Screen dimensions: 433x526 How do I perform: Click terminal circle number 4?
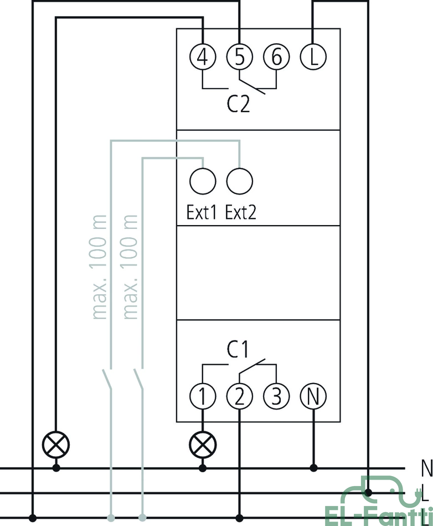(203, 57)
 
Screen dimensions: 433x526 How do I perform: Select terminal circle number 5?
(240, 57)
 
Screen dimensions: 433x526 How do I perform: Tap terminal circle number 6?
(276, 57)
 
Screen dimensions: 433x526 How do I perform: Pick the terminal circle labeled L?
(313, 57)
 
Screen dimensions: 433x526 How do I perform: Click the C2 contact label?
(238, 104)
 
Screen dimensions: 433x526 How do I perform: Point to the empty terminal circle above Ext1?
(203, 181)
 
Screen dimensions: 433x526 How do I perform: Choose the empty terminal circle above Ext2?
(240, 181)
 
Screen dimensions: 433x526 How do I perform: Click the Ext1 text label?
(202, 212)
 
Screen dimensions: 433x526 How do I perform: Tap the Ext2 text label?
(241, 212)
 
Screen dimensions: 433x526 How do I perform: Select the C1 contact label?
(238, 349)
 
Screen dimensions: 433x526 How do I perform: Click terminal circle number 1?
(203, 396)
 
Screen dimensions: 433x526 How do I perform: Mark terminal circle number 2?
(240, 396)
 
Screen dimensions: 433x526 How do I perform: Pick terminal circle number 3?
(276, 396)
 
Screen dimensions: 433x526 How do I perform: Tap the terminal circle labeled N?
(313, 396)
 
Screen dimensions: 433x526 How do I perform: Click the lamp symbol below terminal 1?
(203, 445)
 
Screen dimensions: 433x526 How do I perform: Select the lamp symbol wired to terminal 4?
(56, 445)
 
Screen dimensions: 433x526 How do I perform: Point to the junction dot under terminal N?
(314, 468)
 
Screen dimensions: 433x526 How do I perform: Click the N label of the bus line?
(426, 468)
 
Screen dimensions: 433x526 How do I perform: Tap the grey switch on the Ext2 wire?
(107, 379)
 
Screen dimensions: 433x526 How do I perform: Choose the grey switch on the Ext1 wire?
(139, 379)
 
